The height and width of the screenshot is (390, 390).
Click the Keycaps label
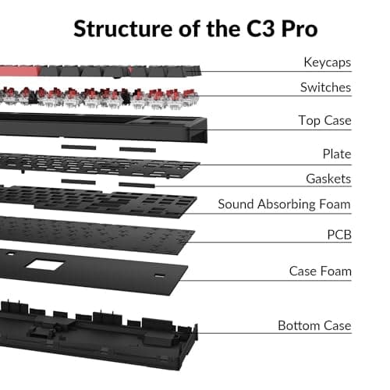[327, 62]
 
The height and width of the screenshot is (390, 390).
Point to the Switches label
[325, 87]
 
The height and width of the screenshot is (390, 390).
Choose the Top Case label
[324, 120]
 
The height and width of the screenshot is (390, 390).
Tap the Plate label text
[336, 154]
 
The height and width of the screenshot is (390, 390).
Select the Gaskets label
[328, 179]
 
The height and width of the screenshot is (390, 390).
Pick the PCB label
[339, 233]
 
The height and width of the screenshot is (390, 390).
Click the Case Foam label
[321, 271]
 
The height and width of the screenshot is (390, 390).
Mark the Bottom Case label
[314, 325]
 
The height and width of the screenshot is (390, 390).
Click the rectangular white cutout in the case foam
[44, 265]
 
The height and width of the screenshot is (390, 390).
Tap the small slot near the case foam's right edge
[160, 276]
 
